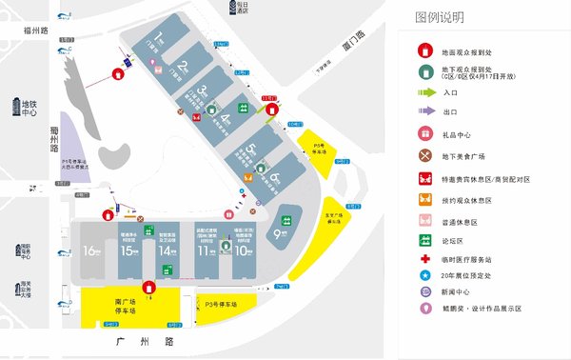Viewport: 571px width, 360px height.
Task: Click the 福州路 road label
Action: [41, 30]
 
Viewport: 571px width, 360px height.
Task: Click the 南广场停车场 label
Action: [118, 306]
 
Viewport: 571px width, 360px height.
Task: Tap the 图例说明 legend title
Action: [439, 16]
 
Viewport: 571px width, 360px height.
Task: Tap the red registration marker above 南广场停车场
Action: [148, 287]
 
